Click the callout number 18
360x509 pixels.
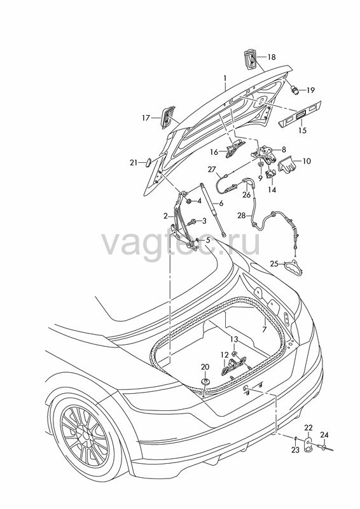click(x=272, y=57)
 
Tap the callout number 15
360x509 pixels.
click(x=302, y=130)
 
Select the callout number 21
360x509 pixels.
click(x=134, y=163)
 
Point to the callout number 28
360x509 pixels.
click(x=242, y=216)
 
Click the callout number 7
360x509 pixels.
click(x=265, y=330)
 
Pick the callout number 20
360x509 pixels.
click(x=205, y=367)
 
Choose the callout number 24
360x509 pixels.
click(x=324, y=435)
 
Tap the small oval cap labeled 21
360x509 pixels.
click(x=148, y=162)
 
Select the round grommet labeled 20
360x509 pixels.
click(x=205, y=380)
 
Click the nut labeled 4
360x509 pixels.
click(x=188, y=202)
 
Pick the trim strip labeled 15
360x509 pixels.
click(x=300, y=114)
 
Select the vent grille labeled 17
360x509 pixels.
click(x=167, y=117)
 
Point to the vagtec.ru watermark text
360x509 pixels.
click(x=181, y=243)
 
